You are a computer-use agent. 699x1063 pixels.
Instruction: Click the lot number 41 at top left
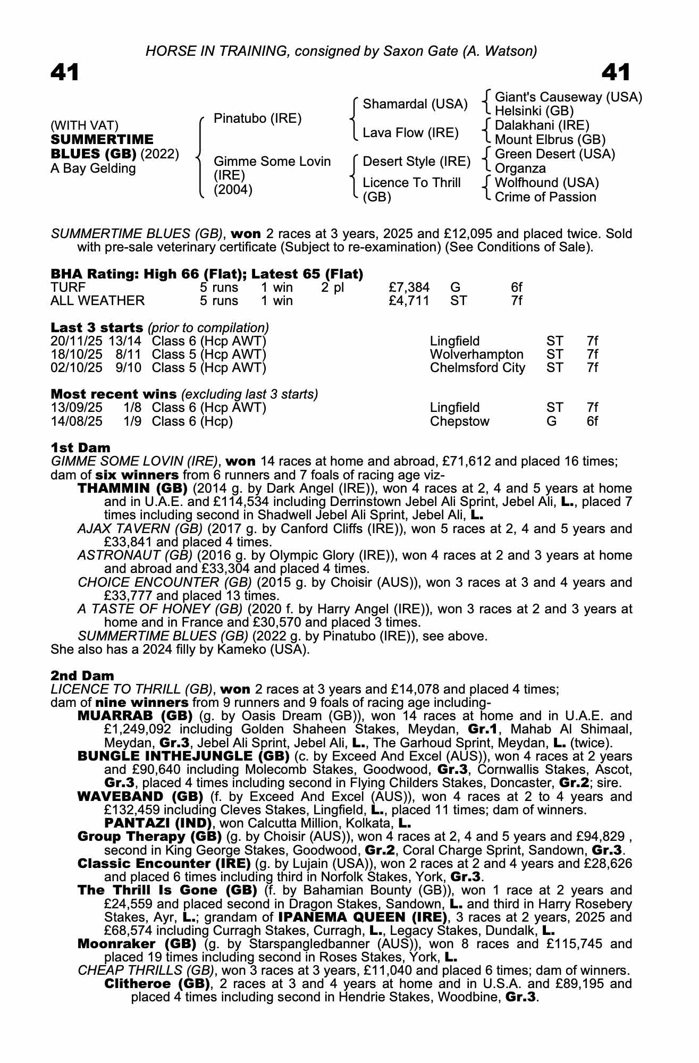point(65,73)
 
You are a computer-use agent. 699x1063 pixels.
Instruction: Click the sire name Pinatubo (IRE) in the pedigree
point(257,119)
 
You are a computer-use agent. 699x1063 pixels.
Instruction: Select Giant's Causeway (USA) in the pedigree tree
point(568,97)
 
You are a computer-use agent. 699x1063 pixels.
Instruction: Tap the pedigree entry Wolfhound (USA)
point(546,183)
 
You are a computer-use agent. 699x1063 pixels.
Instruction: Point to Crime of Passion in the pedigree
point(545,197)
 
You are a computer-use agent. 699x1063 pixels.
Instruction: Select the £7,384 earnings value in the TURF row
point(409,288)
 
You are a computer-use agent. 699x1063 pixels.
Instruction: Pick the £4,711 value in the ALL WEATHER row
point(409,301)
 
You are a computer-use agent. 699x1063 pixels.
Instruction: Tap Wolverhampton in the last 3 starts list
point(476,355)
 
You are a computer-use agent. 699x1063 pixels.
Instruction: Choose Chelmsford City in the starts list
point(477,368)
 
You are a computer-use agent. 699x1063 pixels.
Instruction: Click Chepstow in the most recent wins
point(459,421)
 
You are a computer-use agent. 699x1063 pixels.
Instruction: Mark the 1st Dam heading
point(81,448)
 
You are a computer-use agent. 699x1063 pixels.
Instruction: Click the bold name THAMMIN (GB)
point(132,488)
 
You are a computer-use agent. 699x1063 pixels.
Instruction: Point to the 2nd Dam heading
point(82,676)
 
